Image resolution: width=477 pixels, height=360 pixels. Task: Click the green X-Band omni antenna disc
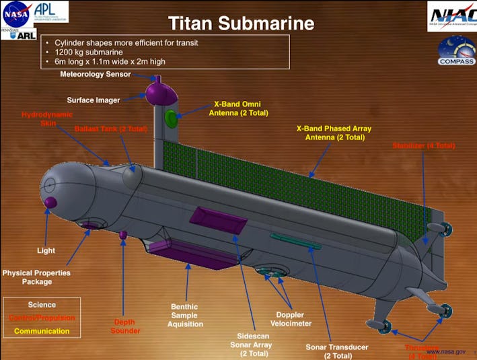172,119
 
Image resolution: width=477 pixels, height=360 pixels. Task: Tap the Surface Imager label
93,100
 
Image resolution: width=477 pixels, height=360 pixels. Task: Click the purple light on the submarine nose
50,201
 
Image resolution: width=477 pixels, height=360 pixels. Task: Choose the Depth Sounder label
126,326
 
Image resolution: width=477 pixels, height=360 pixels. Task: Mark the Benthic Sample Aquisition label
186,315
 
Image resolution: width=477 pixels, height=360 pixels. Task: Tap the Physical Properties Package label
36,277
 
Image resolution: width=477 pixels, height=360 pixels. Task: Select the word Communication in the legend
42,330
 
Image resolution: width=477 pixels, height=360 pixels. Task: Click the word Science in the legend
42,305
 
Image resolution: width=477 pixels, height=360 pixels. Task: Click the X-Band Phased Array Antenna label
334,133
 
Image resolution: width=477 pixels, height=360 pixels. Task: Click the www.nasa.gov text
445,352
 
